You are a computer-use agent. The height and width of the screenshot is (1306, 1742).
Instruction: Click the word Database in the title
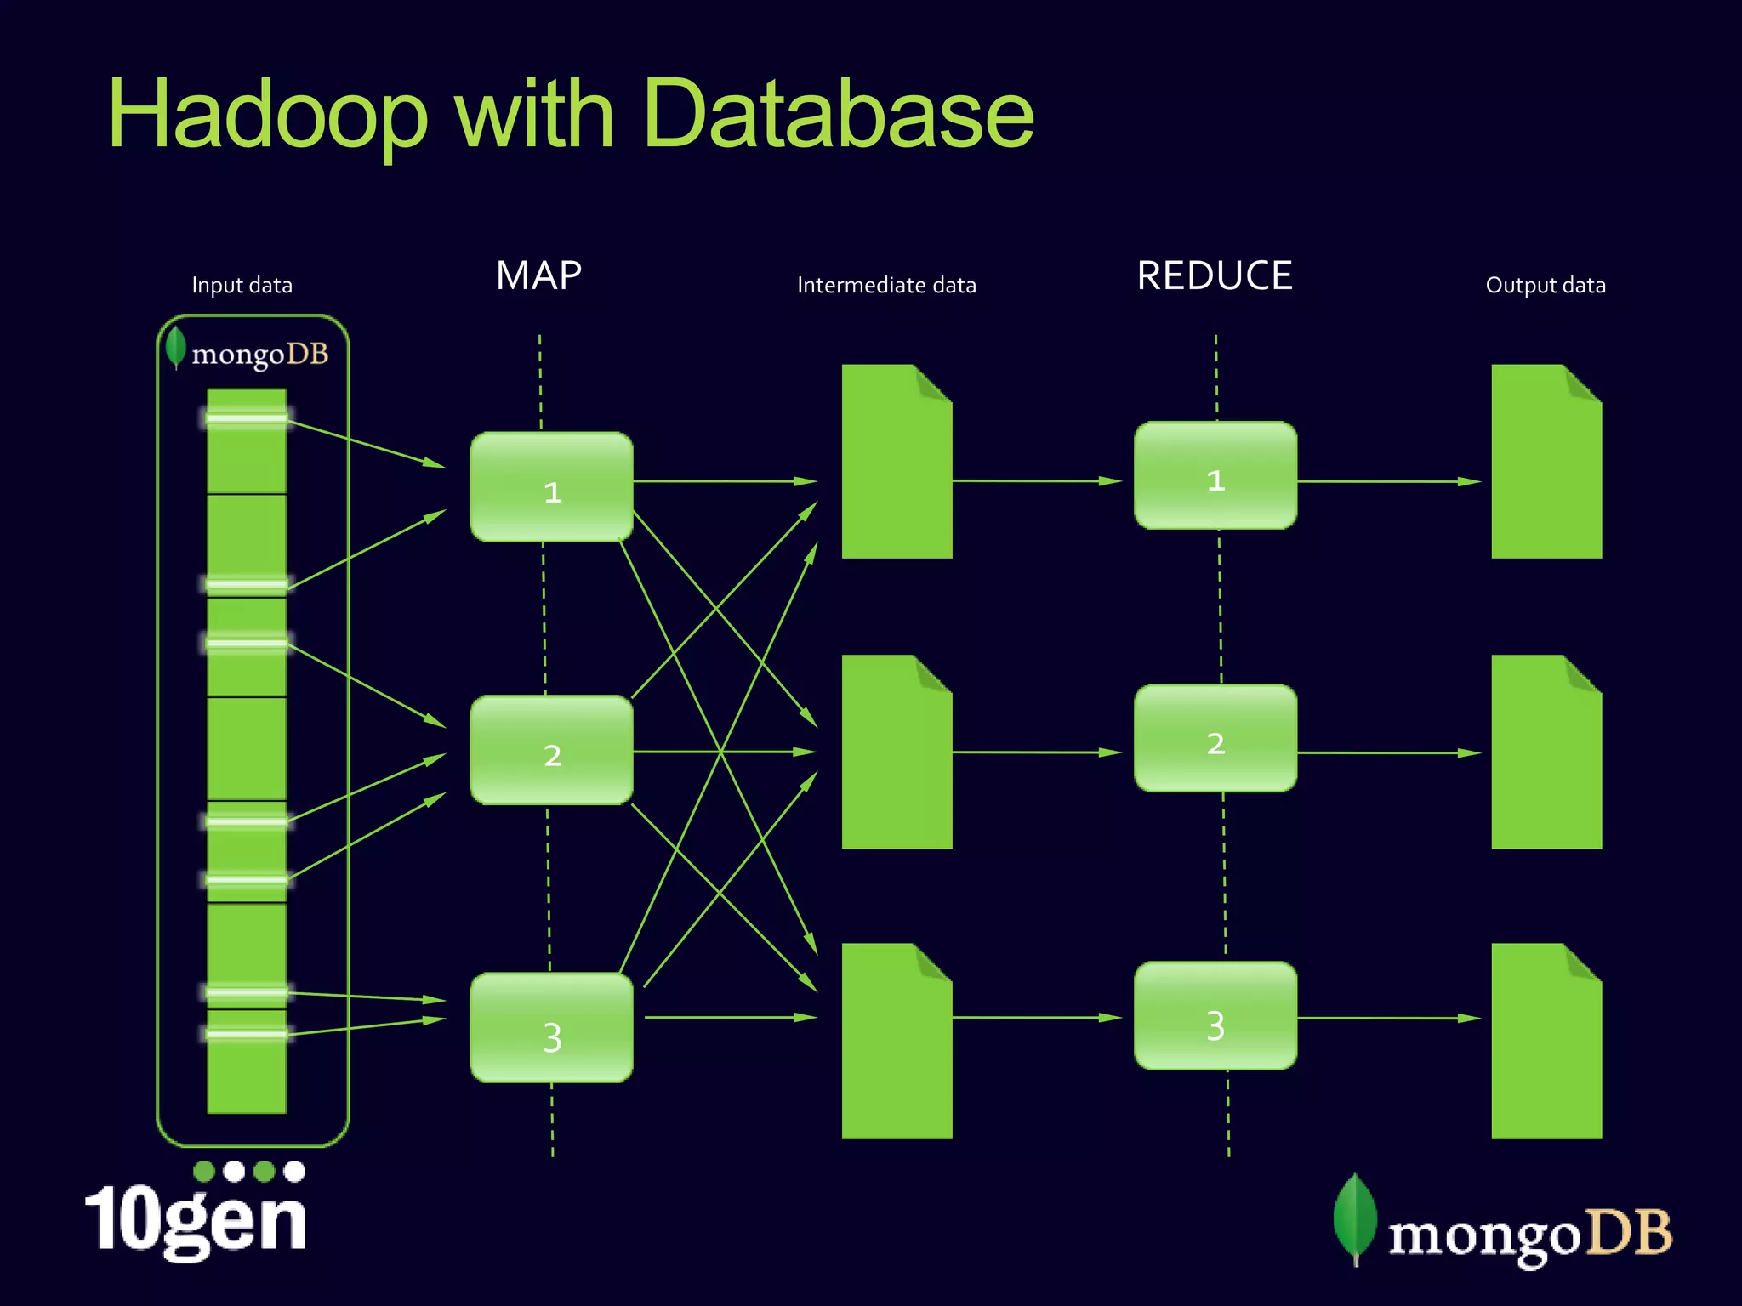[838, 115]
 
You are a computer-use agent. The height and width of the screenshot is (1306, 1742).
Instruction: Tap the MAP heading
[538, 275]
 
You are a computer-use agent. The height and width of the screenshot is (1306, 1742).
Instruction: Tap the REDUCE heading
[1215, 275]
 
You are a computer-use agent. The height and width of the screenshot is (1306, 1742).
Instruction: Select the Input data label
[242, 286]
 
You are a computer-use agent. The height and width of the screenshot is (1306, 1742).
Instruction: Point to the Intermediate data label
[886, 286]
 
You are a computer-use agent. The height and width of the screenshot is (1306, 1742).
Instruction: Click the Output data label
[1545, 286]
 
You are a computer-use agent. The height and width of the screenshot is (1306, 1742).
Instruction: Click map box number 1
[551, 487]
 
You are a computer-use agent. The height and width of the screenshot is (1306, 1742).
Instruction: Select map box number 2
[551, 751]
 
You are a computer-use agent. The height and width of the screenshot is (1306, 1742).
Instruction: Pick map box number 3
[551, 1028]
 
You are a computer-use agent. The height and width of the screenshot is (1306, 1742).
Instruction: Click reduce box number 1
[1215, 476]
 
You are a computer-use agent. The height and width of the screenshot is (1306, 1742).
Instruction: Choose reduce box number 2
[1215, 739]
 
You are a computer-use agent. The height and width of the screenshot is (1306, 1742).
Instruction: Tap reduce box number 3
[1215, 1016]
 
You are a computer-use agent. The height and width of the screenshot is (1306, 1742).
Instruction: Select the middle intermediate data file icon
[896, 753]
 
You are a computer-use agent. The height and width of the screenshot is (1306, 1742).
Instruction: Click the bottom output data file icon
[1546, 1042]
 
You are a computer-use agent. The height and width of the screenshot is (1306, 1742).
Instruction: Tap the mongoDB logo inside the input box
[248, 352]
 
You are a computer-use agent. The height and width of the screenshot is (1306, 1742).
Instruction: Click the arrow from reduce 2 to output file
[1388, 752]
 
